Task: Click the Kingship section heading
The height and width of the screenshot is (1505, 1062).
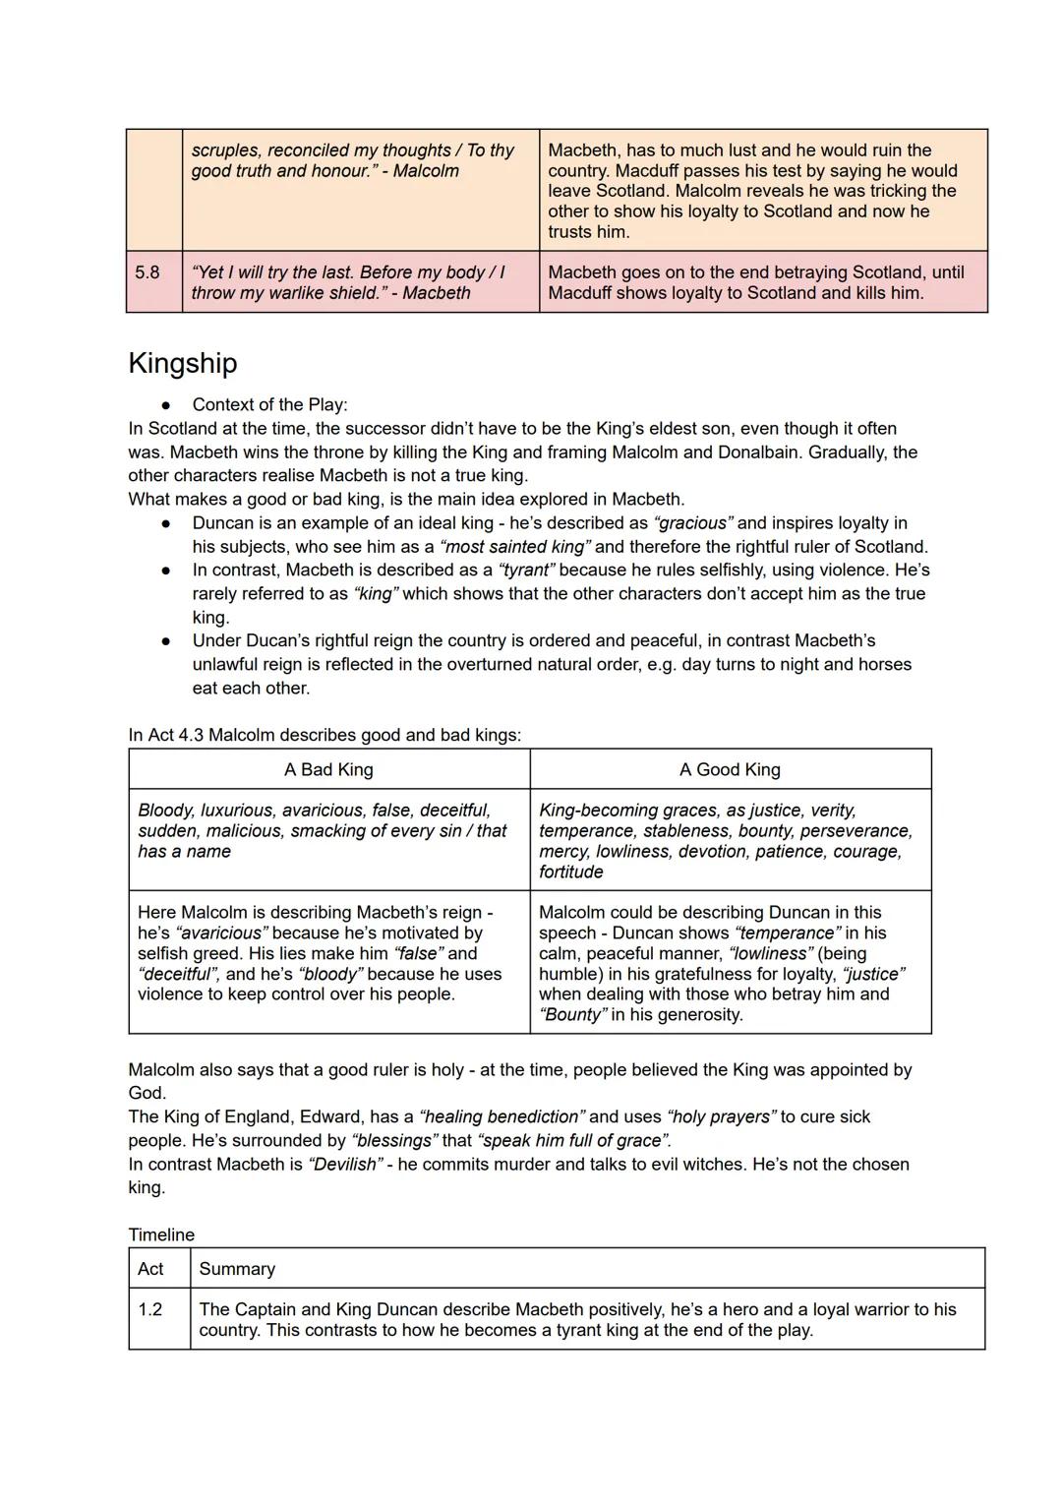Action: [x=183, y=363]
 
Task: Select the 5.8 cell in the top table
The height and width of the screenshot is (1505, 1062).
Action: [x=147, y=272]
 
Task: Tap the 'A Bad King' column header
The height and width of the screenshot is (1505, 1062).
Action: [x=328, y=769]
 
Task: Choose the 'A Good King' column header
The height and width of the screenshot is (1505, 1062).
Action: [x=730, y=769]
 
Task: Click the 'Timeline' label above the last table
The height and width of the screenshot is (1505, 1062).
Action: [x=161, y=1234]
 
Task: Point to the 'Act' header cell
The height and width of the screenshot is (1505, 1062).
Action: [x=150, y=1269]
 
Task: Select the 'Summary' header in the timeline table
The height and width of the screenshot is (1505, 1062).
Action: [x=237, y=1269]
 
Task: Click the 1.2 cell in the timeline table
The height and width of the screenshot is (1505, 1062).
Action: [x=150, y=1309]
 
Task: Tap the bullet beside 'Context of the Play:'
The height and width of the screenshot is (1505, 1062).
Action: [x=167, y=405]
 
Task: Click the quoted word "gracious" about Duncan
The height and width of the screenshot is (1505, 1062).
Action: [x=693, y=523]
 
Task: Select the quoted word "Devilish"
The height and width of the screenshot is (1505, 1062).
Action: [x=344, y=1165]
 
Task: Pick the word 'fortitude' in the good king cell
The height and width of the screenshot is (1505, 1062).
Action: [x=571, y=872]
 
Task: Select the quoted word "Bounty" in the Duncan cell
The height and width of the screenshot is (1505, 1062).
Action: [x=572, y=1015]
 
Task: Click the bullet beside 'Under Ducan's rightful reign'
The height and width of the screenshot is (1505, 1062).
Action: [x=167, y=641]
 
